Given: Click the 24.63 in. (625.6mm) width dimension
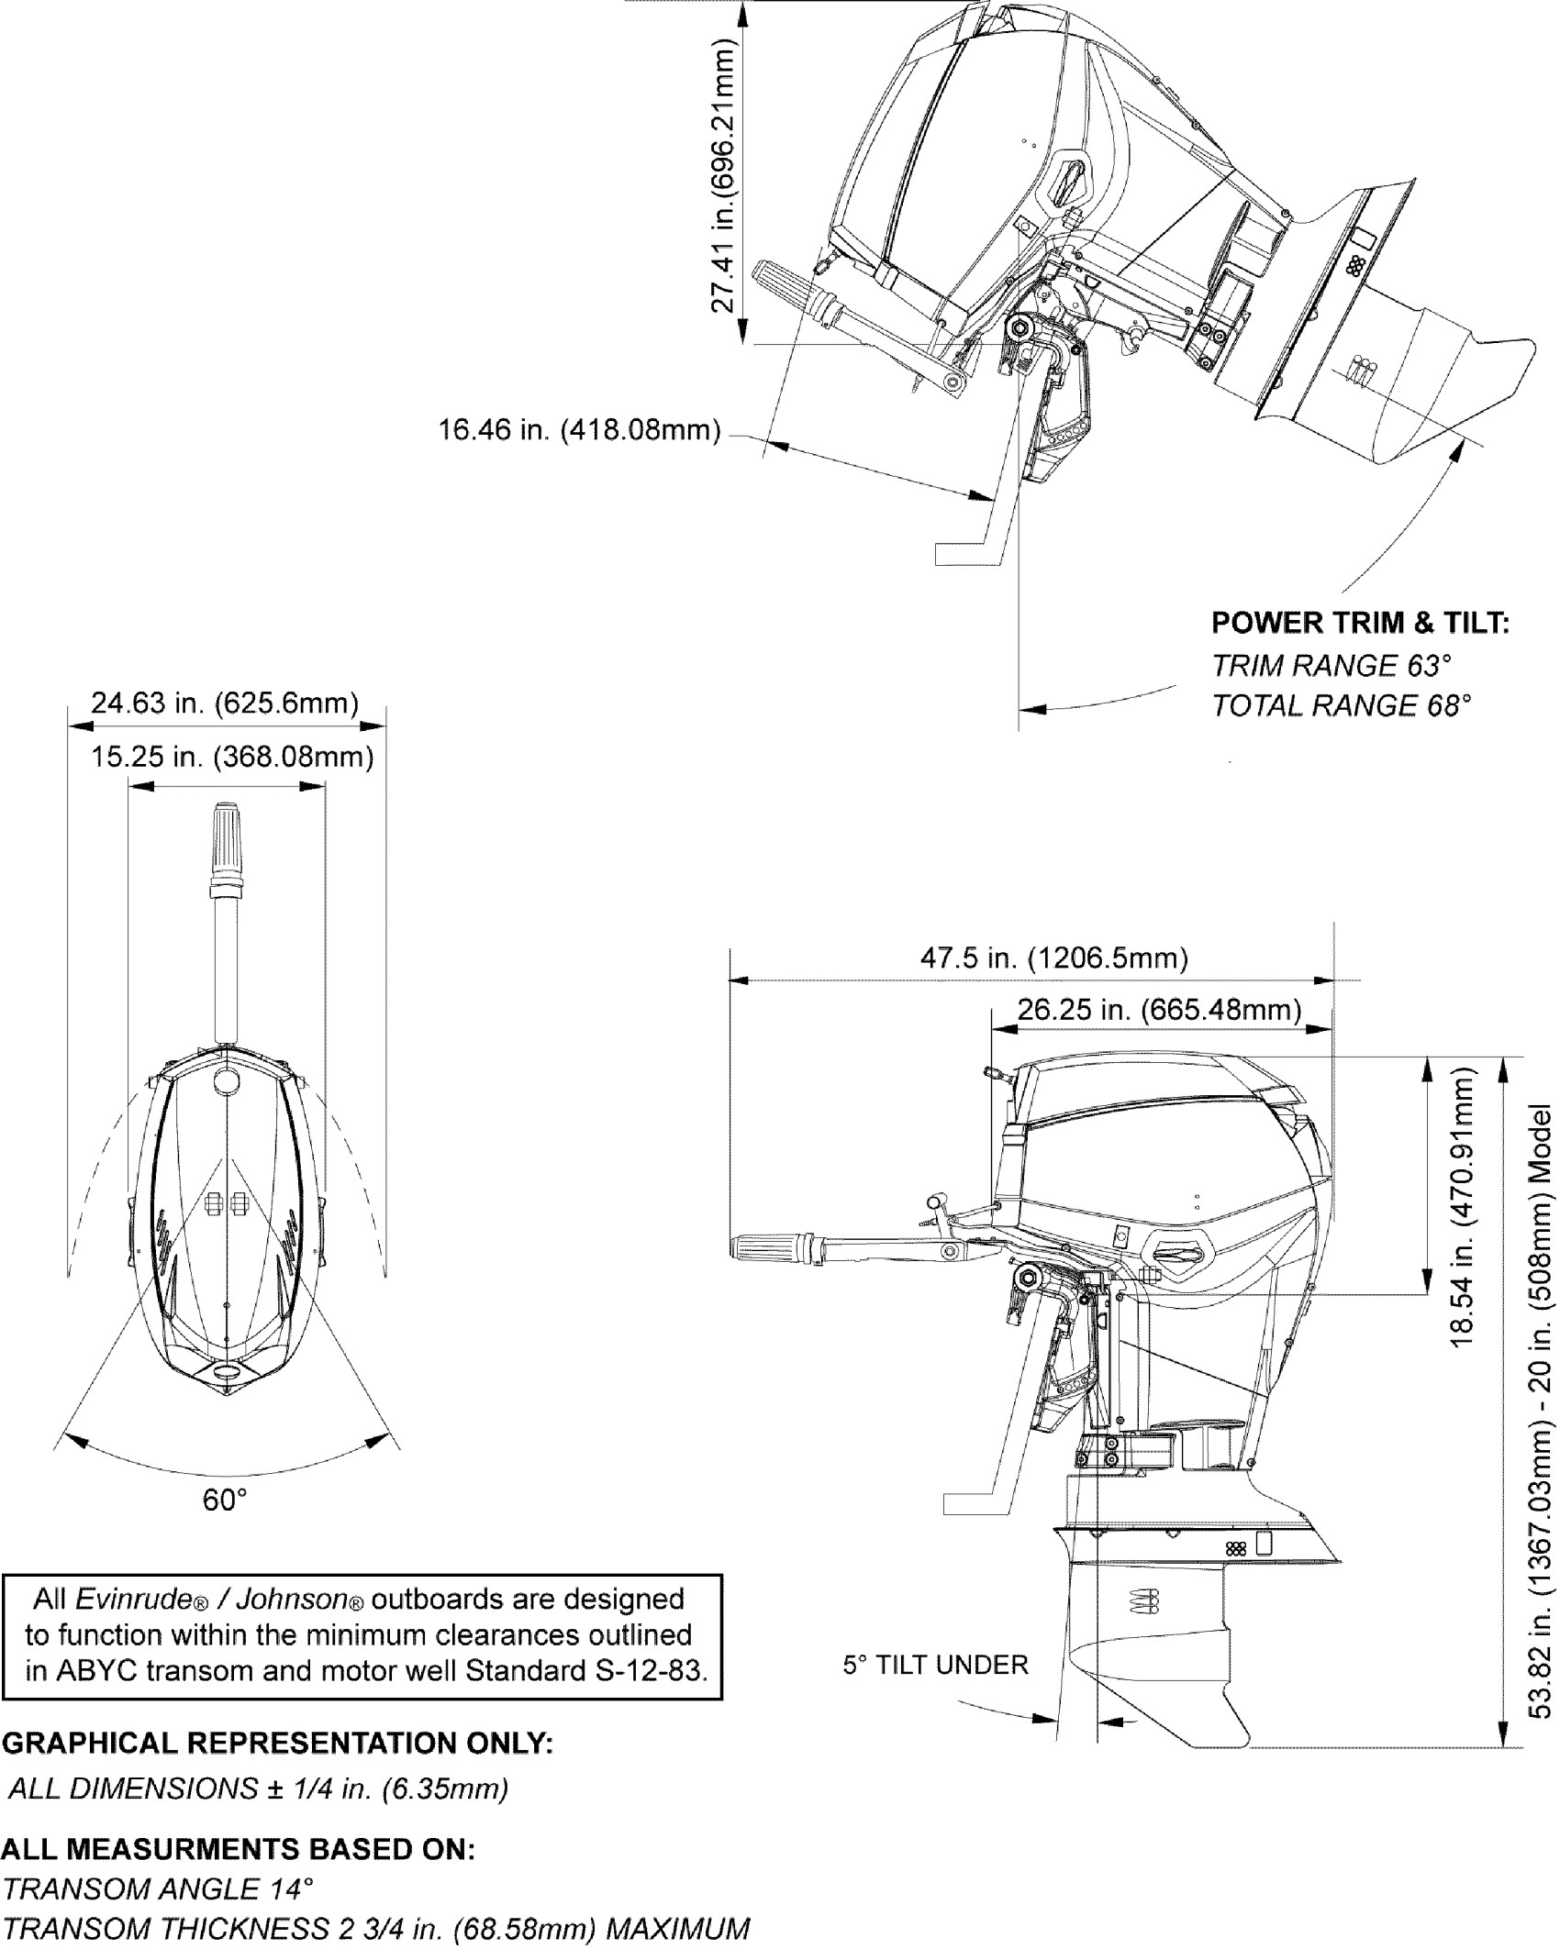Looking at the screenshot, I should [224, 703].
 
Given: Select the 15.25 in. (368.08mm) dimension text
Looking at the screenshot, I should [232, 758].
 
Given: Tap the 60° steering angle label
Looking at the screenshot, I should [225, 1501].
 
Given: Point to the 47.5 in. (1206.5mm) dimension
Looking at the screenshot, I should [1053, 958].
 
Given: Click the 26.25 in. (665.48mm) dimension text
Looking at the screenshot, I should [1159, 1010].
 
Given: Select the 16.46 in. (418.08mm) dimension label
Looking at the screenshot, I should [579, 429].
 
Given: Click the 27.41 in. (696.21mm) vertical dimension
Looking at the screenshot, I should [725, 176].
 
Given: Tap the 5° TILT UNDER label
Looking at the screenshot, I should [935, 1665].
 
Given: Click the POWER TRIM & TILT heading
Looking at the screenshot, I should [1360, 623].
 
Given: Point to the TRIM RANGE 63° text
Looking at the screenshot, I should [1332, 665].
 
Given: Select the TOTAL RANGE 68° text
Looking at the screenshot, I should [1341, 705].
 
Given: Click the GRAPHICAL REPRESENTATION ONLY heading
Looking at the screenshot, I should [278, 1743].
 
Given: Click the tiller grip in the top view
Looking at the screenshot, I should [227, 842].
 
